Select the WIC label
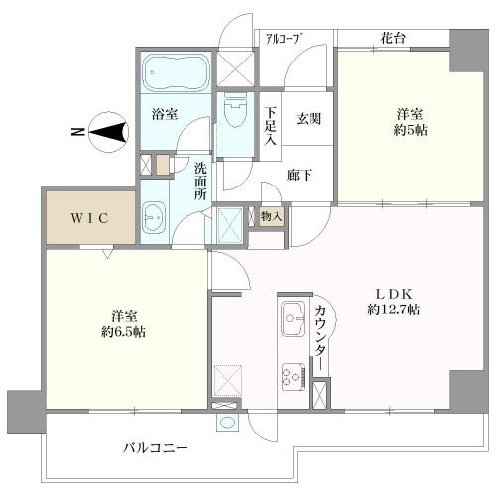coord(88,217)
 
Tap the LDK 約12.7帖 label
coord(397,304)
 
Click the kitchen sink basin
coord(293,320)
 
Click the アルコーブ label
coord(284,39)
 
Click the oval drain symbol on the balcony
coord(228,422)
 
